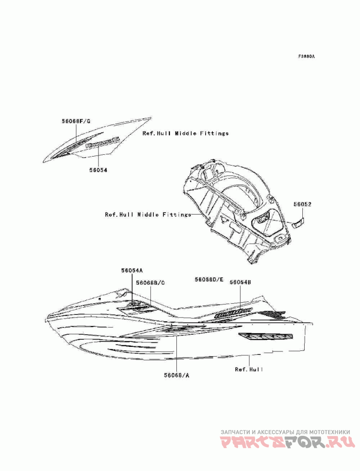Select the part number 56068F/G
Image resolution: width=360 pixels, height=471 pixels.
(76, 121)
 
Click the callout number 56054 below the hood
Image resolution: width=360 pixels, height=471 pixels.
(98, 170)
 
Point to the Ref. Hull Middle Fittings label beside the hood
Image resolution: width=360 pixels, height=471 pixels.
(185, 134)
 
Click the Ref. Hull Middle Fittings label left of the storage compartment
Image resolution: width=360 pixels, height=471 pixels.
(148, 215)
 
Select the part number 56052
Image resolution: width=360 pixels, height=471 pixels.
(303, 205)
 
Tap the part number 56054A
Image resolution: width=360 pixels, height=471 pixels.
(131, 270)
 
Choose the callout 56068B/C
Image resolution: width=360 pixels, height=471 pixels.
(150, 283)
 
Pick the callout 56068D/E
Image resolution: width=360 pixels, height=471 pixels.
(209, 279)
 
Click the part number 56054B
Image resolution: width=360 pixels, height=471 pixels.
(240, 282)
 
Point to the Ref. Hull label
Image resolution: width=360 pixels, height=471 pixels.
(249, 369)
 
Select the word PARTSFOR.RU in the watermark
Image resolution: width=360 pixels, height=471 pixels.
(288, 444)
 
